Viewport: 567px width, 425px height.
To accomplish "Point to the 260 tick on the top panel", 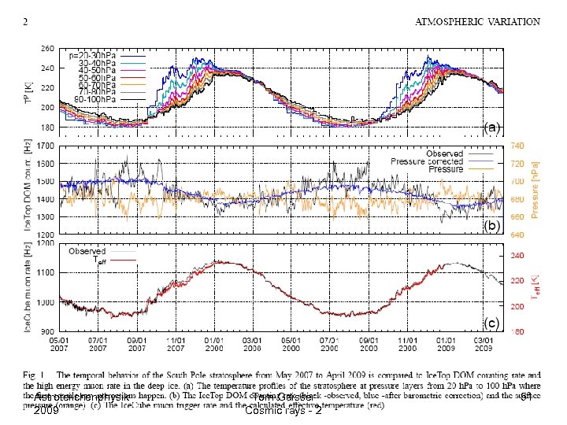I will (x=47, y=48).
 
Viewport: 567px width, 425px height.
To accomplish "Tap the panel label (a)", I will (x=491, y=127).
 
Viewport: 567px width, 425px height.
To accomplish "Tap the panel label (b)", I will (x=491, y=225).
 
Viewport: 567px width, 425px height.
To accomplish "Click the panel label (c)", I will (x=491, y=323).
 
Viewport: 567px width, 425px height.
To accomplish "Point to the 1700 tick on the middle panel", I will (x=45, y=146).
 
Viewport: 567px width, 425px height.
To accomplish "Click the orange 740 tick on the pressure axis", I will (x=517, y=146).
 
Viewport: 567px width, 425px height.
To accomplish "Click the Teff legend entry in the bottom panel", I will (x=98, y=260).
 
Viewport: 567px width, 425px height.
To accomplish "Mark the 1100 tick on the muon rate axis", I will (x=45, y=272).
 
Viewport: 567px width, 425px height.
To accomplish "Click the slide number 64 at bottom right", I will (x=525, y=397).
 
